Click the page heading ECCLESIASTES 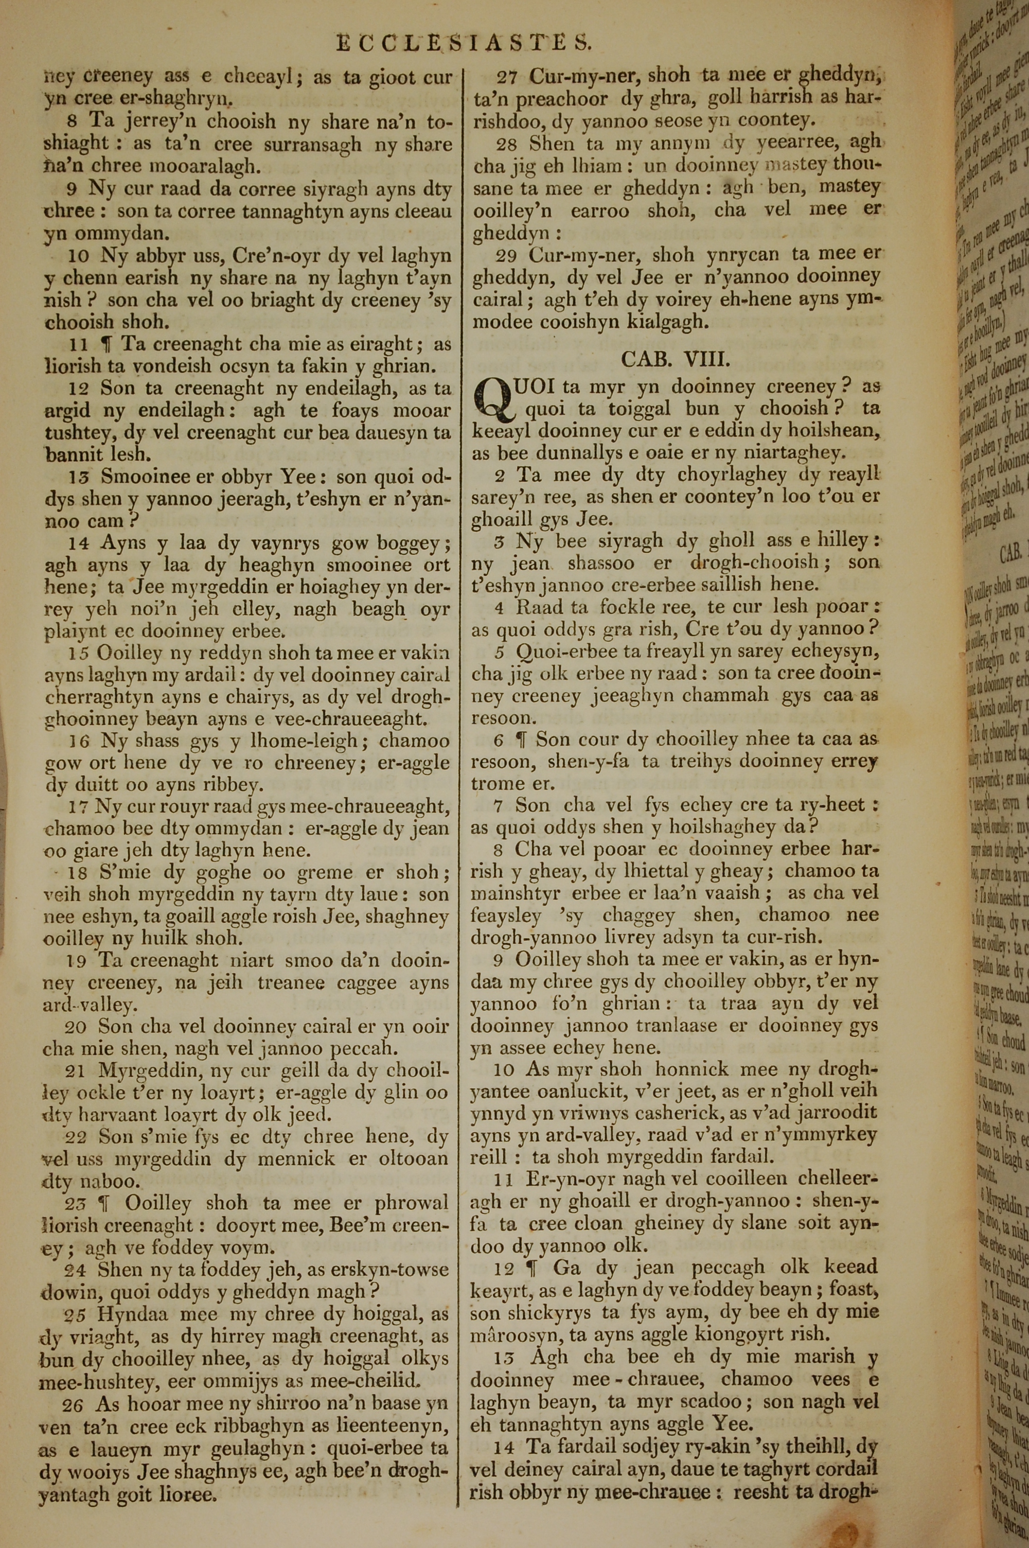pyautogui.click(x=464, y=43)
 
